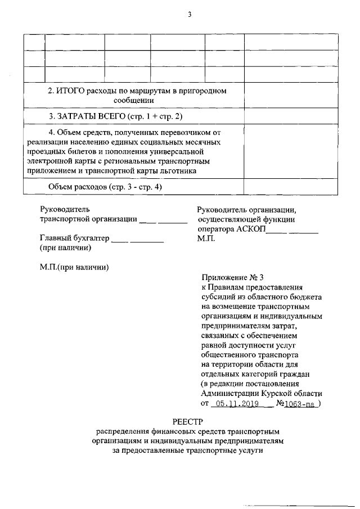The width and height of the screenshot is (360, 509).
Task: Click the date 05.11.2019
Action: [232, 403]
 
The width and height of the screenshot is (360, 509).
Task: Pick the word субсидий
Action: [218, 296]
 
